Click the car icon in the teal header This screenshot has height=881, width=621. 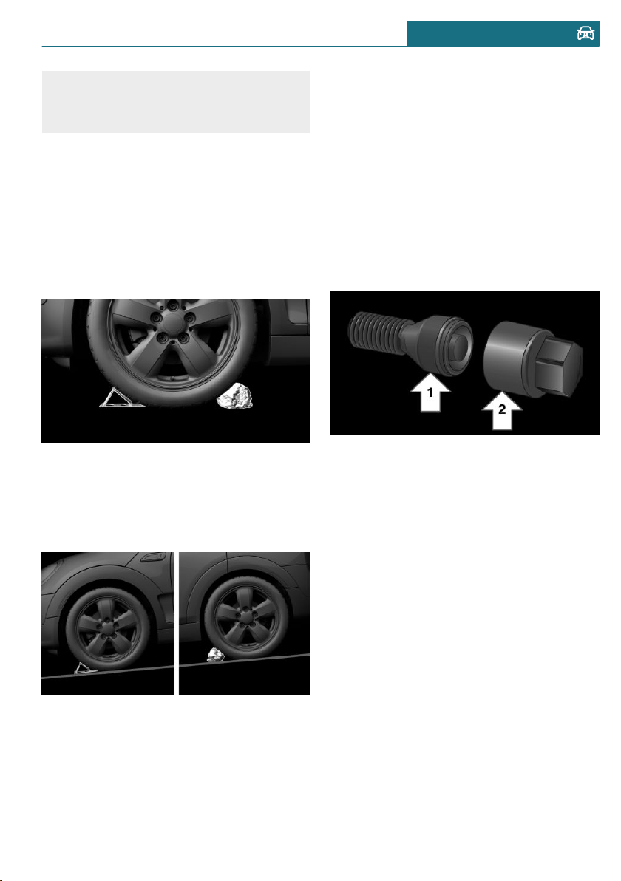pyautogui.click(x=585, y=34)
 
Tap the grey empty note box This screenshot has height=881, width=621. pyautogui.click(x=176, y=102)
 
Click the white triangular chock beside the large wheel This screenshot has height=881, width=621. pyautogui.click(x=120, y=397)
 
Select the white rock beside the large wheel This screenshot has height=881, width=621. pyautogui.click(x=235, y=395)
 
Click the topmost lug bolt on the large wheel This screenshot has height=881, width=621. pyautogui.click(x=172, y=306)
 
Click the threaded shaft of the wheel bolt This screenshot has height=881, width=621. pyautogui.click(x=376, y=334)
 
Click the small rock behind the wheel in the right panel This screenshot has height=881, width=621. pyautogui.click(x=214, y=655)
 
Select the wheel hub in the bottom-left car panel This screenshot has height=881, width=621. pyautogui.click(x=106, y=625)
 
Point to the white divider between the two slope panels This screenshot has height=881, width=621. pyautogui.click(x=177, y=624)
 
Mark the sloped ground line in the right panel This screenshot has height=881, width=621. pyautogui.click(x=245, y=661)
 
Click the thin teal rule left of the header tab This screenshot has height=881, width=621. pyautogui.click(x=224, y=46)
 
